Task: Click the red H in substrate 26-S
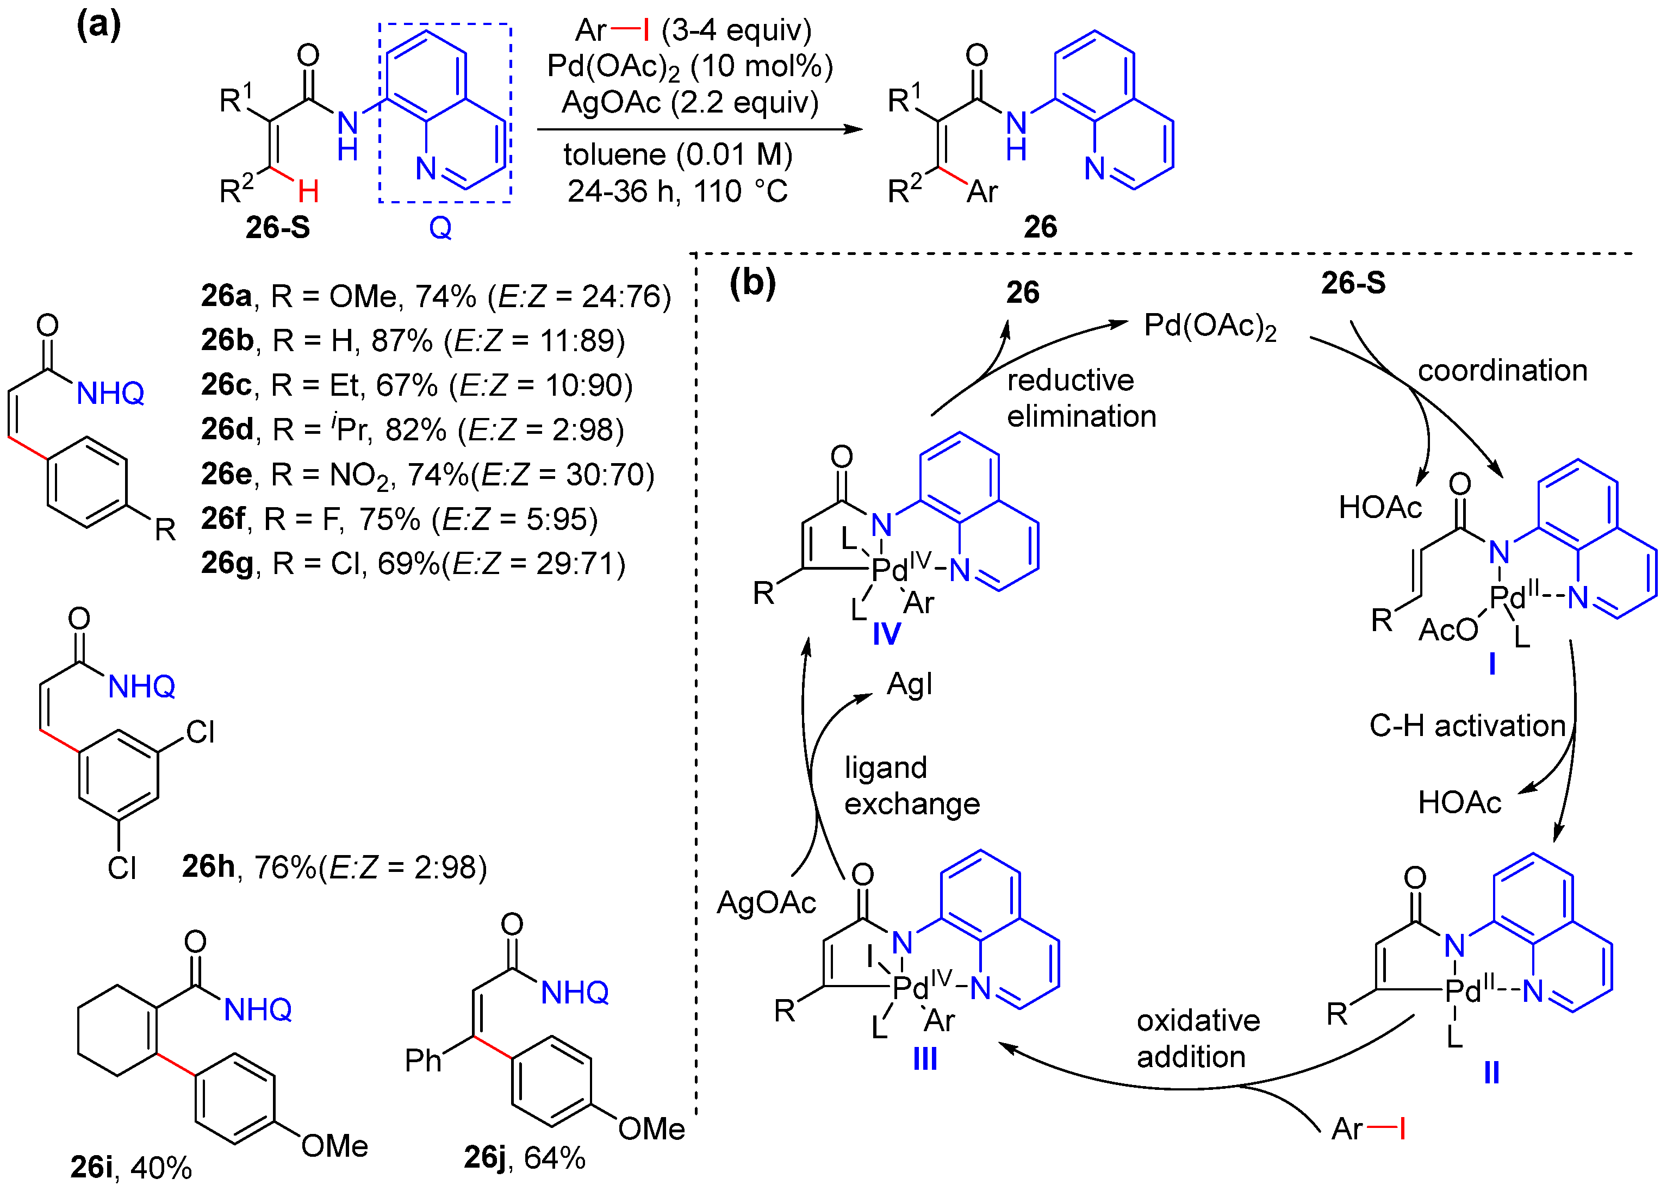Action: [308, 192]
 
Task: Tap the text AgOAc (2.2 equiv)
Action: [689, 102]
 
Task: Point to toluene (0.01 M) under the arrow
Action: [677, 155]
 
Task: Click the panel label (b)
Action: [752, 282]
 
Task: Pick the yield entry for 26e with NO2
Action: [427, 475]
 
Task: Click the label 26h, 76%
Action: [334, 867]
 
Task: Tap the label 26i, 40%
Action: [130, 1166]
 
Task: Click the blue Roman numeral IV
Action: [886, 634]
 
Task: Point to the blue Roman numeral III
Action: [925, 1059]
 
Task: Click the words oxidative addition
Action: [1197, 1038]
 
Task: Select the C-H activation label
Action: [1467, 726]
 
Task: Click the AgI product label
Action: [910, 684]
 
